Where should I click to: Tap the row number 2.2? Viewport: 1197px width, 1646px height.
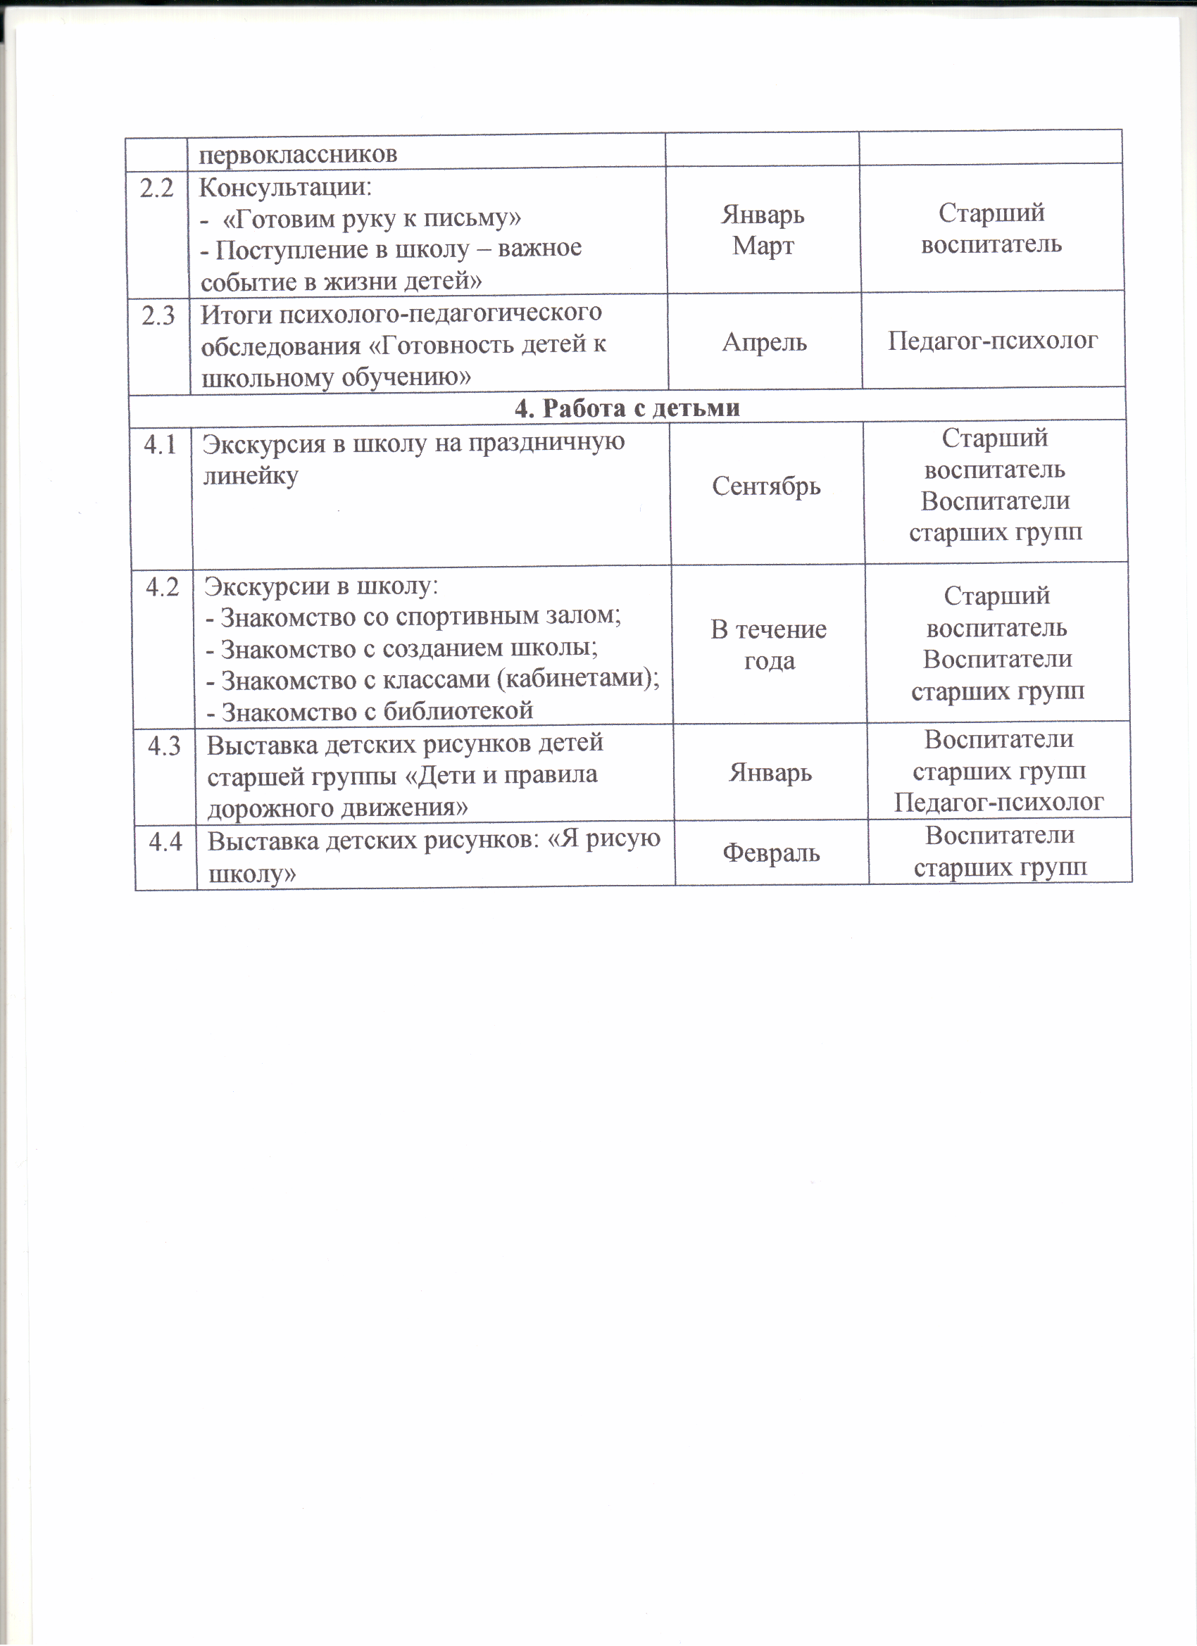157,188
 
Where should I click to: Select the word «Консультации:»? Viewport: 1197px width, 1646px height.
285,187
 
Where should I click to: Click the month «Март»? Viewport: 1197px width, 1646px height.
763,246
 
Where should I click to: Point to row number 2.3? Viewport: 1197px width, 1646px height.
158,315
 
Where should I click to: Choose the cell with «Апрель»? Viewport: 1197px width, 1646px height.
765,342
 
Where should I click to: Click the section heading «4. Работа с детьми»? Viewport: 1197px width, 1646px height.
627,408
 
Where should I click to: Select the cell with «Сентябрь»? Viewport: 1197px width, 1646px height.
766,486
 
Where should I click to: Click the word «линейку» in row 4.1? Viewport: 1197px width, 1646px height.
251,476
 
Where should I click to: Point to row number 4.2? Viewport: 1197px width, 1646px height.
162,586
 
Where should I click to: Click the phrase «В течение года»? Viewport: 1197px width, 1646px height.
769,644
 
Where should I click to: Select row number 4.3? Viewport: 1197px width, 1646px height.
164,746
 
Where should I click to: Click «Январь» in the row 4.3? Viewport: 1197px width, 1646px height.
770,772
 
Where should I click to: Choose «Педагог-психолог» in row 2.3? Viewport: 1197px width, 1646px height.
992,340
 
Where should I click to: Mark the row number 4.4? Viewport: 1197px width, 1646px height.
165,842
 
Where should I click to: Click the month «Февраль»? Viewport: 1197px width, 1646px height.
771,853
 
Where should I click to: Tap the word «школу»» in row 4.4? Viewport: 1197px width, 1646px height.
252,874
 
